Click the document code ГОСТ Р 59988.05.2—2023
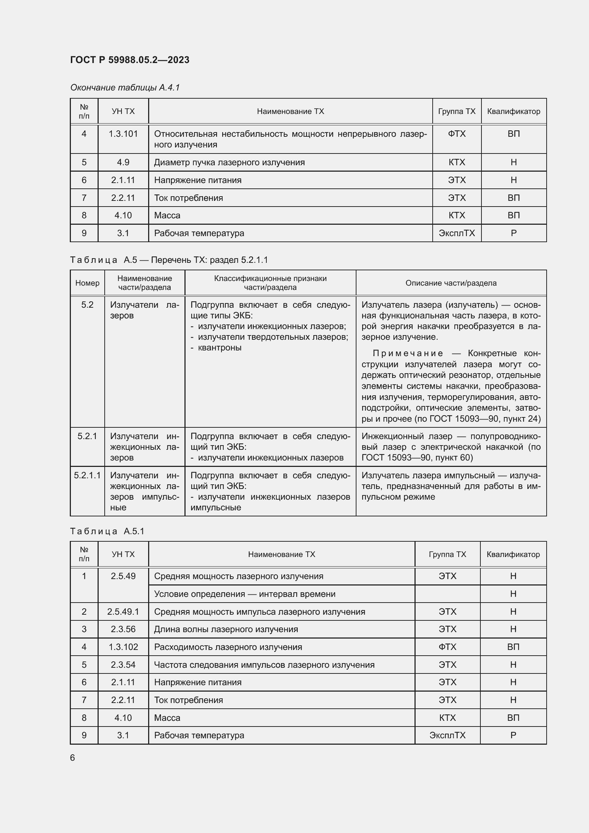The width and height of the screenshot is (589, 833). click(130, 60)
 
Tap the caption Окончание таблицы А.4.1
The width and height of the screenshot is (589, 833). click(125, 88)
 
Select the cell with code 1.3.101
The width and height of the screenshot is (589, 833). click(123, 134)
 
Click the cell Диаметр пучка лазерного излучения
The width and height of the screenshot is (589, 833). click(229, 162)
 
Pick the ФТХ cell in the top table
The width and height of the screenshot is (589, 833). click(456, 134)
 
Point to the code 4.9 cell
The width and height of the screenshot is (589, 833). click(123, 162)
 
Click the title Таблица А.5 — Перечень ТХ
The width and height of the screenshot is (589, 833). click(169, 260)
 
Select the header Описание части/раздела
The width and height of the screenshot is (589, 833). click(451, 283)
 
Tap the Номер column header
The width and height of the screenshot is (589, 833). click(87, 283)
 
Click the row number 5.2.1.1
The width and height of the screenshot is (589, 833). click(87, 475)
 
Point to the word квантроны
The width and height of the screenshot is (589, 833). click(219, 348)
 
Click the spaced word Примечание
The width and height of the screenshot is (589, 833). click(408, 353)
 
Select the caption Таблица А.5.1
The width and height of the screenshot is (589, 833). click(107, 531)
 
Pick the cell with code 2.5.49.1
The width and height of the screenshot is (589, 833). click(123, 612)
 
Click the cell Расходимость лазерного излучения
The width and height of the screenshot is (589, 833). click(228, 647)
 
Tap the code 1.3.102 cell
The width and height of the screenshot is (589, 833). click(123, 647)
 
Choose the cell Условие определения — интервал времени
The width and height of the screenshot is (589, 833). click(244, 594)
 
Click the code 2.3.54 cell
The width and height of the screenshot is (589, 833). click(123, 665)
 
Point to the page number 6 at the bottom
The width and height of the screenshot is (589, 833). click(73, 757)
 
